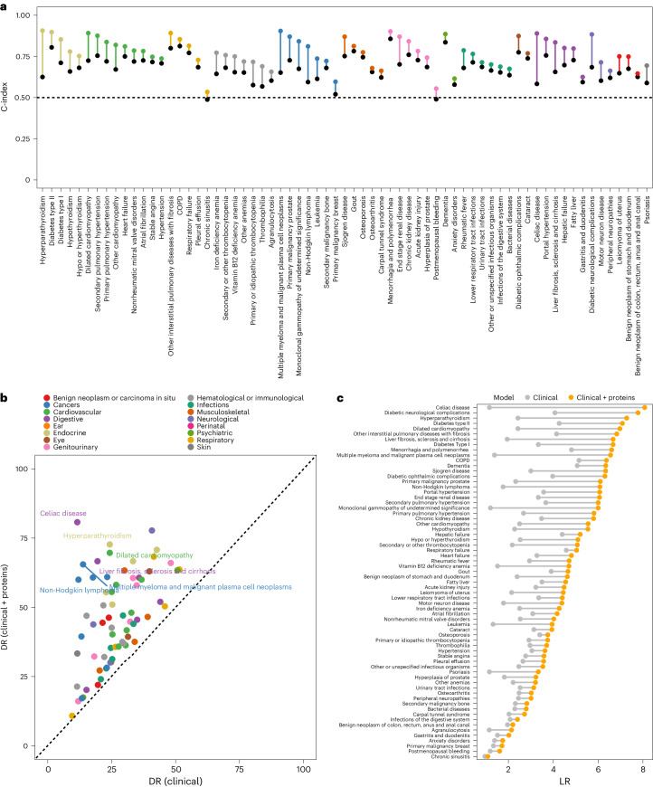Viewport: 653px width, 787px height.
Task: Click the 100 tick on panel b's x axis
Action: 303,763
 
